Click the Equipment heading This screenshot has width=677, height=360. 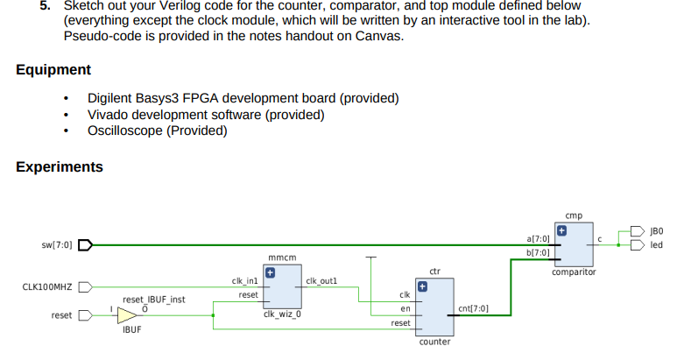tap(53, 69)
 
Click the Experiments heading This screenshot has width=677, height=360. tap(59, 166)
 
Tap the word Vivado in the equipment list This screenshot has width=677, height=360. tap(108, 115)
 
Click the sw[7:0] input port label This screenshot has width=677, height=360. tap(58, 245)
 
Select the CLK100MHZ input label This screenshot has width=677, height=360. tap(47, 286)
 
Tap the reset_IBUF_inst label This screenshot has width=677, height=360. tap(153, 299)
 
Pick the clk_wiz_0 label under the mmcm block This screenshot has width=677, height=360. tap(282, 314)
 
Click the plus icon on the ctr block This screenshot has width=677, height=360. tap(421, 286)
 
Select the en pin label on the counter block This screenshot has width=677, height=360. tap(405, 309)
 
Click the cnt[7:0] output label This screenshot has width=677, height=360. tap(473, 309)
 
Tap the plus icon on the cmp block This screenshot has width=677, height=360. tap(562, 230)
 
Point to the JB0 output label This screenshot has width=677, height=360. tap(656, 230)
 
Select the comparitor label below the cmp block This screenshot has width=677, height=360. tap(574, 272)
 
